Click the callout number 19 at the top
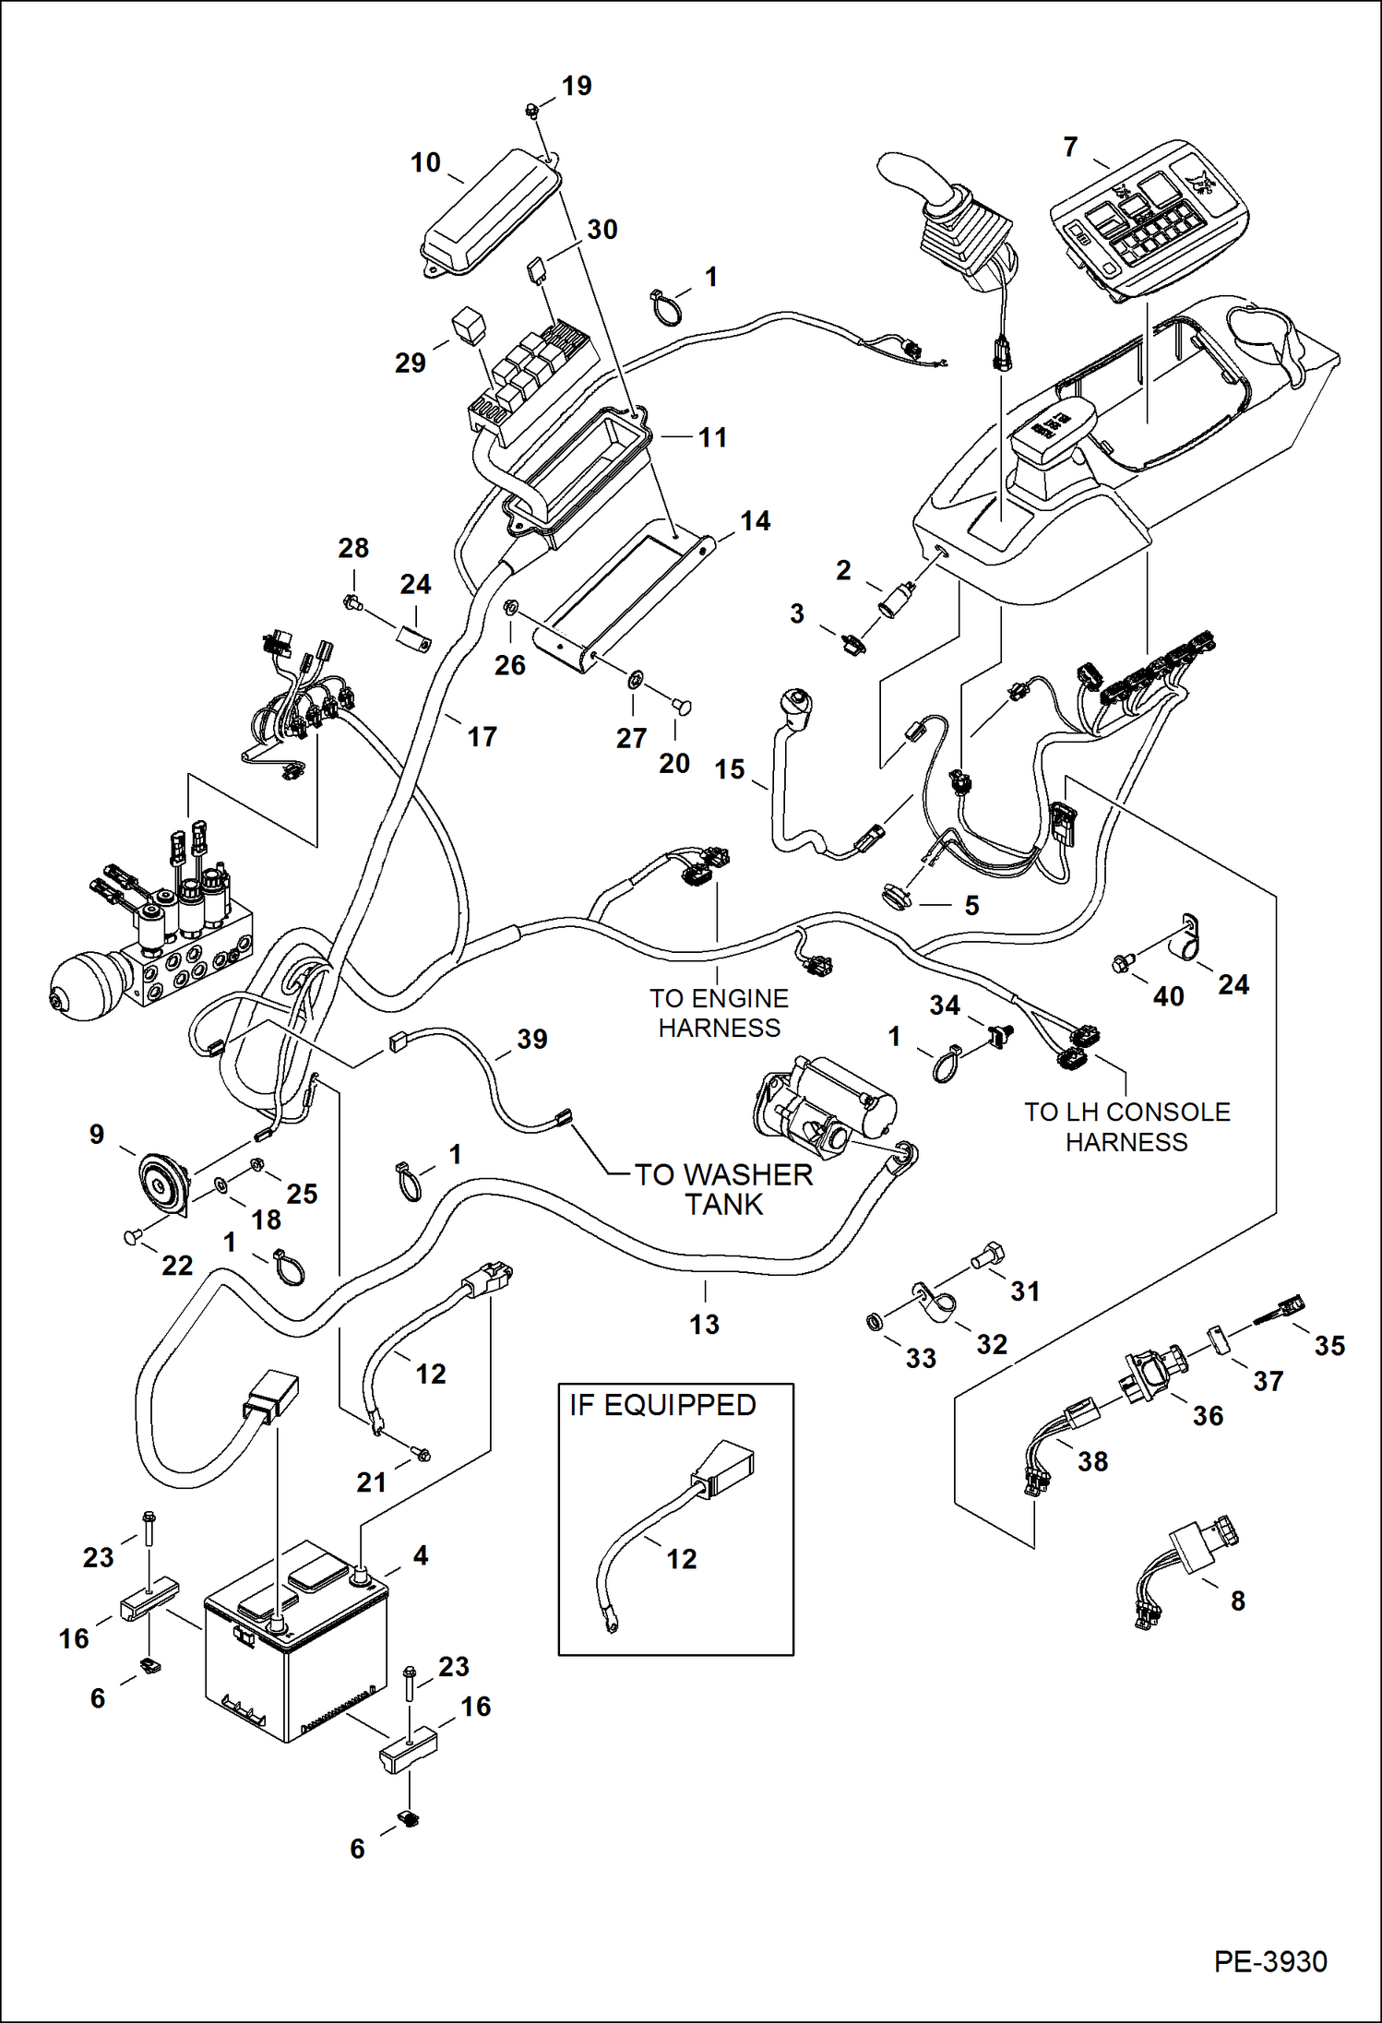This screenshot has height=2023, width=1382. point(577,86)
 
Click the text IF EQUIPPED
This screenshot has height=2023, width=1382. point(662,1405)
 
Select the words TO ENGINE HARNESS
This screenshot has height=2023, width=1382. point(719,1013)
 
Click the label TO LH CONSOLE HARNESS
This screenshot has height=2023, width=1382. point(1126,1126)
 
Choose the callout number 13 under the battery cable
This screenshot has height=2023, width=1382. point(704,1325)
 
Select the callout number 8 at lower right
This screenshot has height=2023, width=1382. point(1238,1601)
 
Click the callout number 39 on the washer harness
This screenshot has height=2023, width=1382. point(532,1039)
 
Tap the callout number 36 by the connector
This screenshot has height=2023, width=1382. point(1208,1416)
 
